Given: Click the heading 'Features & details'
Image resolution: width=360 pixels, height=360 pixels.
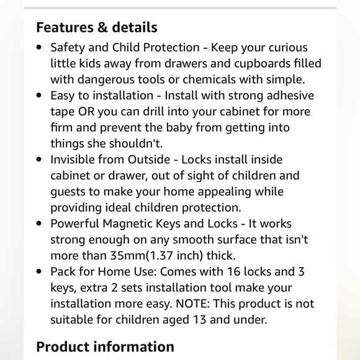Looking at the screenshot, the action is (x=97, y=27).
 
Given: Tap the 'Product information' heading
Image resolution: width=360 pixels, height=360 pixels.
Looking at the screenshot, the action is (x=105, y=346).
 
